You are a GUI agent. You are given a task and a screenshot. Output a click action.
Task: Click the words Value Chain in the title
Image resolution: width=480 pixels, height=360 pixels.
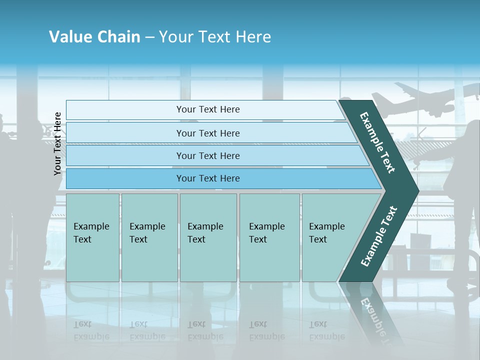point(94,37)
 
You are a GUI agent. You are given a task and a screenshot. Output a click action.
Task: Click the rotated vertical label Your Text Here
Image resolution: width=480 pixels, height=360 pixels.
point(57,143)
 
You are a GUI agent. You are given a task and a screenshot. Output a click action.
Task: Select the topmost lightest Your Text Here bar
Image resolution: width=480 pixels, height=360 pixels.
point(207,109)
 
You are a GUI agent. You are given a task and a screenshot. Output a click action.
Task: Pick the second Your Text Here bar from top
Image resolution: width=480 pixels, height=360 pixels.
point(207,133)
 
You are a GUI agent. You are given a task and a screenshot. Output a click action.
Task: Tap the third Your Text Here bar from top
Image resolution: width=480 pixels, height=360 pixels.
point(207,155)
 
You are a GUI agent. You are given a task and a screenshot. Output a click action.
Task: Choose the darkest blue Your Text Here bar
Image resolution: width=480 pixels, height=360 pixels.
point(207,178)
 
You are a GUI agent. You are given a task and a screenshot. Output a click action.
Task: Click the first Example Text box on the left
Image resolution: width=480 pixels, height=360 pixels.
point(92,237)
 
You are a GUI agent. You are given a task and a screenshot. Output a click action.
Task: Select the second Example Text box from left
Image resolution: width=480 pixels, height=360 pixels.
point(149,237)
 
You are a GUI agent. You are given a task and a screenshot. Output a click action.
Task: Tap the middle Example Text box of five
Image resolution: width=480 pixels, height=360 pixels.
point(208,237)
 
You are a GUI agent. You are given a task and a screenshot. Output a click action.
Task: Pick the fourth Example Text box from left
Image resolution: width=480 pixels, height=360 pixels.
point(269,237)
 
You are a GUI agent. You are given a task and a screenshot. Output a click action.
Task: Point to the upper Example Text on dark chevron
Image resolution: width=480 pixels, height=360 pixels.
point(377,142)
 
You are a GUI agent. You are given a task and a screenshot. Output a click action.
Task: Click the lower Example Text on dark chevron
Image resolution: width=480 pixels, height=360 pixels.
point(379,236)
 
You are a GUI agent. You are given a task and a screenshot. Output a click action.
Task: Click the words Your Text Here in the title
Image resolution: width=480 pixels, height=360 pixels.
point(215,37)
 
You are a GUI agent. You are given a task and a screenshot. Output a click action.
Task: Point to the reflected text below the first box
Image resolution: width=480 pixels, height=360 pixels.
point(91,330)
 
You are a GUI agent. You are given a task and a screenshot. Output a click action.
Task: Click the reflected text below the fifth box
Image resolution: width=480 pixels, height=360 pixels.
point(326,330)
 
